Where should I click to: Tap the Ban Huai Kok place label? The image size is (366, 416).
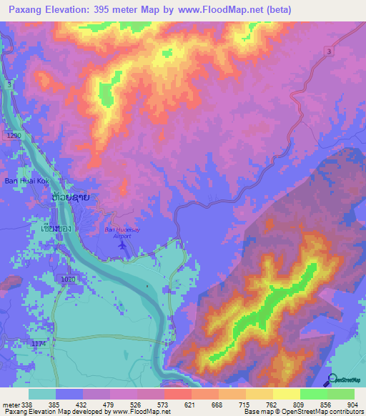(24, 181)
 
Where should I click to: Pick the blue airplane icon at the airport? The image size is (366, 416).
(123, 245)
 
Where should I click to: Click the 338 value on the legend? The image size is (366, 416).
(28, 404)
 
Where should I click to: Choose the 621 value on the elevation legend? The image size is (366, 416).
(189, 404)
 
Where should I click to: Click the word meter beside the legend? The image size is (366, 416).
(10, 404)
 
